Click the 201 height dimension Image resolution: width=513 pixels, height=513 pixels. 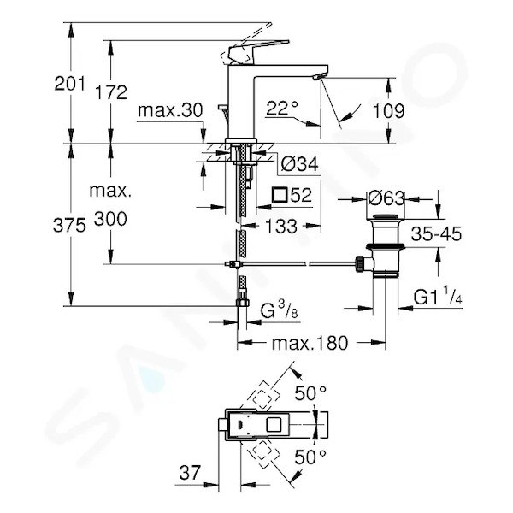click(69, 84)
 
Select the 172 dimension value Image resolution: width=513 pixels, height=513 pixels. click(110, 92)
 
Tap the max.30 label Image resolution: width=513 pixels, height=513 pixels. click(170, 110)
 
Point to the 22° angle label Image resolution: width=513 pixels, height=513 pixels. click(282, 108)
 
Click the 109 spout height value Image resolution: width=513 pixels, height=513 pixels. click(388, 111)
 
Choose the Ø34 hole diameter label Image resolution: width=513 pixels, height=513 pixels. click(299, 164)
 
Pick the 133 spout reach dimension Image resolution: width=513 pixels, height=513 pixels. click(281, 227)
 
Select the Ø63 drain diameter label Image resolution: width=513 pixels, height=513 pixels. click(386, 198)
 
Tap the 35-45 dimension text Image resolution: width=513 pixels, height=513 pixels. click(436, 233)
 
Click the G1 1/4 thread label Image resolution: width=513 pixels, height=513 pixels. click(438, 296)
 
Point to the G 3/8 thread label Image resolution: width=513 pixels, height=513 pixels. click(279, 310)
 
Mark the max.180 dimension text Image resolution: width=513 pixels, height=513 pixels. click(310, 343)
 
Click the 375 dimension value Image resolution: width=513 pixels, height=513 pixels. click(69, 226)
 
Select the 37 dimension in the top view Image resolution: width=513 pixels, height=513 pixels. click(190, 473)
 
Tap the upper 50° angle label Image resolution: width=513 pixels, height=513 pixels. click(310, 393)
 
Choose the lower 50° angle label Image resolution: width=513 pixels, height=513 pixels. click(310, 457)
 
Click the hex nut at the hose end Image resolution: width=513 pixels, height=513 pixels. click(243, 303)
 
